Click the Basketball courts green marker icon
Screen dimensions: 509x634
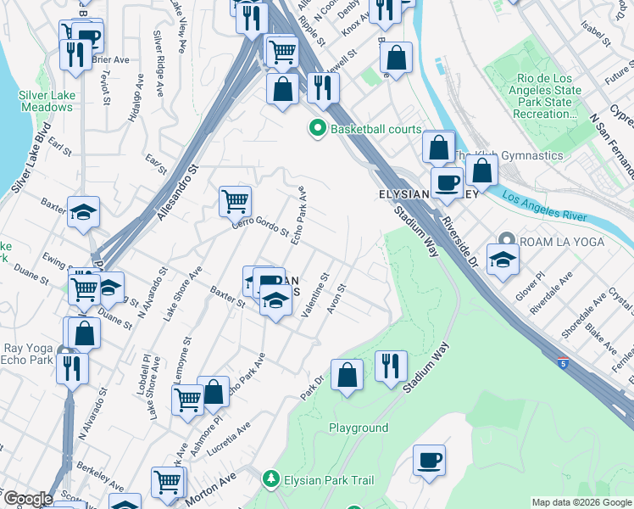coord(318,129)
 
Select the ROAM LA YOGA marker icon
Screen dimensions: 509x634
coord(507,242)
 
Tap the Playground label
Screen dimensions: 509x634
coord(359,428)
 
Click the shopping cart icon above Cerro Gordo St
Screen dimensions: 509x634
coord(235,201)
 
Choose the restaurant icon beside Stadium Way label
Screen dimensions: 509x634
coord(391,365)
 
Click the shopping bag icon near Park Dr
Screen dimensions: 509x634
coord(347,375)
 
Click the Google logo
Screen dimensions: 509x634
coord(27,499)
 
